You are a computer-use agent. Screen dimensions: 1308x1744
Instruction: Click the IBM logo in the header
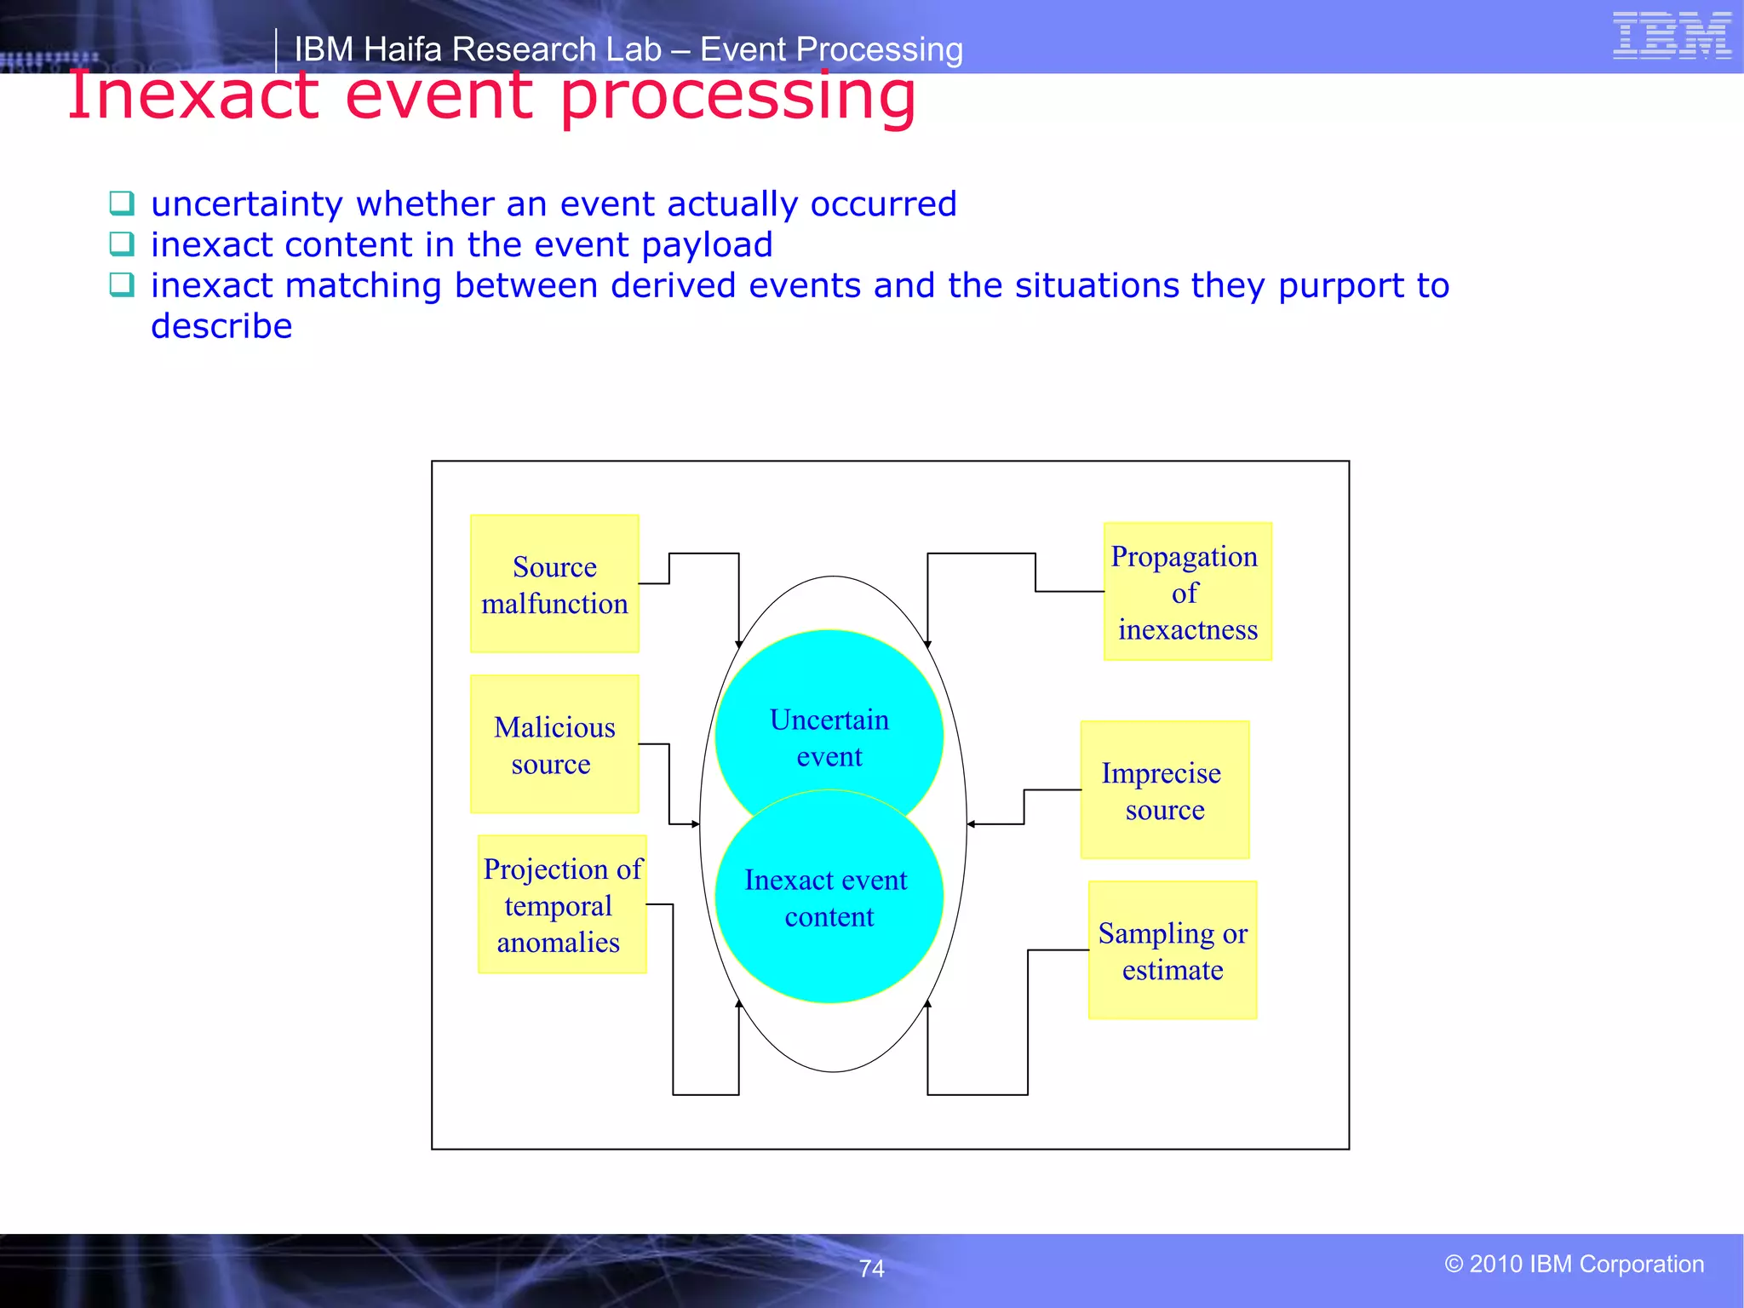(1671, 36)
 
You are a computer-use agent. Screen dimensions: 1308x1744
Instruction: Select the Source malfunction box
(554, 584)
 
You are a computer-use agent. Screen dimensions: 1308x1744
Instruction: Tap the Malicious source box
(554, 744)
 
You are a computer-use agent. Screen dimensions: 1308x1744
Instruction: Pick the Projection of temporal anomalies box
(562, 904)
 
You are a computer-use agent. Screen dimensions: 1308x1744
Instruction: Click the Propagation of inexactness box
(1187, 592)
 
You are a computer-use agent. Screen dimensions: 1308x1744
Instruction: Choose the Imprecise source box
(1164, 790)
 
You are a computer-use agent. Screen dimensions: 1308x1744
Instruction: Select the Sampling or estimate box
(1172, 950)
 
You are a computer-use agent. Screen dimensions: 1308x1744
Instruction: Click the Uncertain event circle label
(829, 737)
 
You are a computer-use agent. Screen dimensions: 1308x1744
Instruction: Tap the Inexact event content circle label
(827, 898)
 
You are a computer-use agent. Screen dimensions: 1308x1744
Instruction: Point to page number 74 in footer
(871, 1269)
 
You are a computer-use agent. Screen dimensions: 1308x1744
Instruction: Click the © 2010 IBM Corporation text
(1574, 1264)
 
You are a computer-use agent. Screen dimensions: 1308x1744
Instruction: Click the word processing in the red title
(737, 95)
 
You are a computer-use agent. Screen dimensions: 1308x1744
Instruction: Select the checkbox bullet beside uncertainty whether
(122, 203)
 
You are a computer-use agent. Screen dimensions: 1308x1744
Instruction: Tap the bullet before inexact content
(122, 244)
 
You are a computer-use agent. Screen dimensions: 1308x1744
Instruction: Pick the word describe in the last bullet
(221, 326)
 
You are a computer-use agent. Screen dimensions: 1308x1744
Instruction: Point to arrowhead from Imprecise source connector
(971, 824)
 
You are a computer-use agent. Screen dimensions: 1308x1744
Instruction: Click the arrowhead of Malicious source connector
(696, 824)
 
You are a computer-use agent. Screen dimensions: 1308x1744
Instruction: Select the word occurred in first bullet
(883, 204)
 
